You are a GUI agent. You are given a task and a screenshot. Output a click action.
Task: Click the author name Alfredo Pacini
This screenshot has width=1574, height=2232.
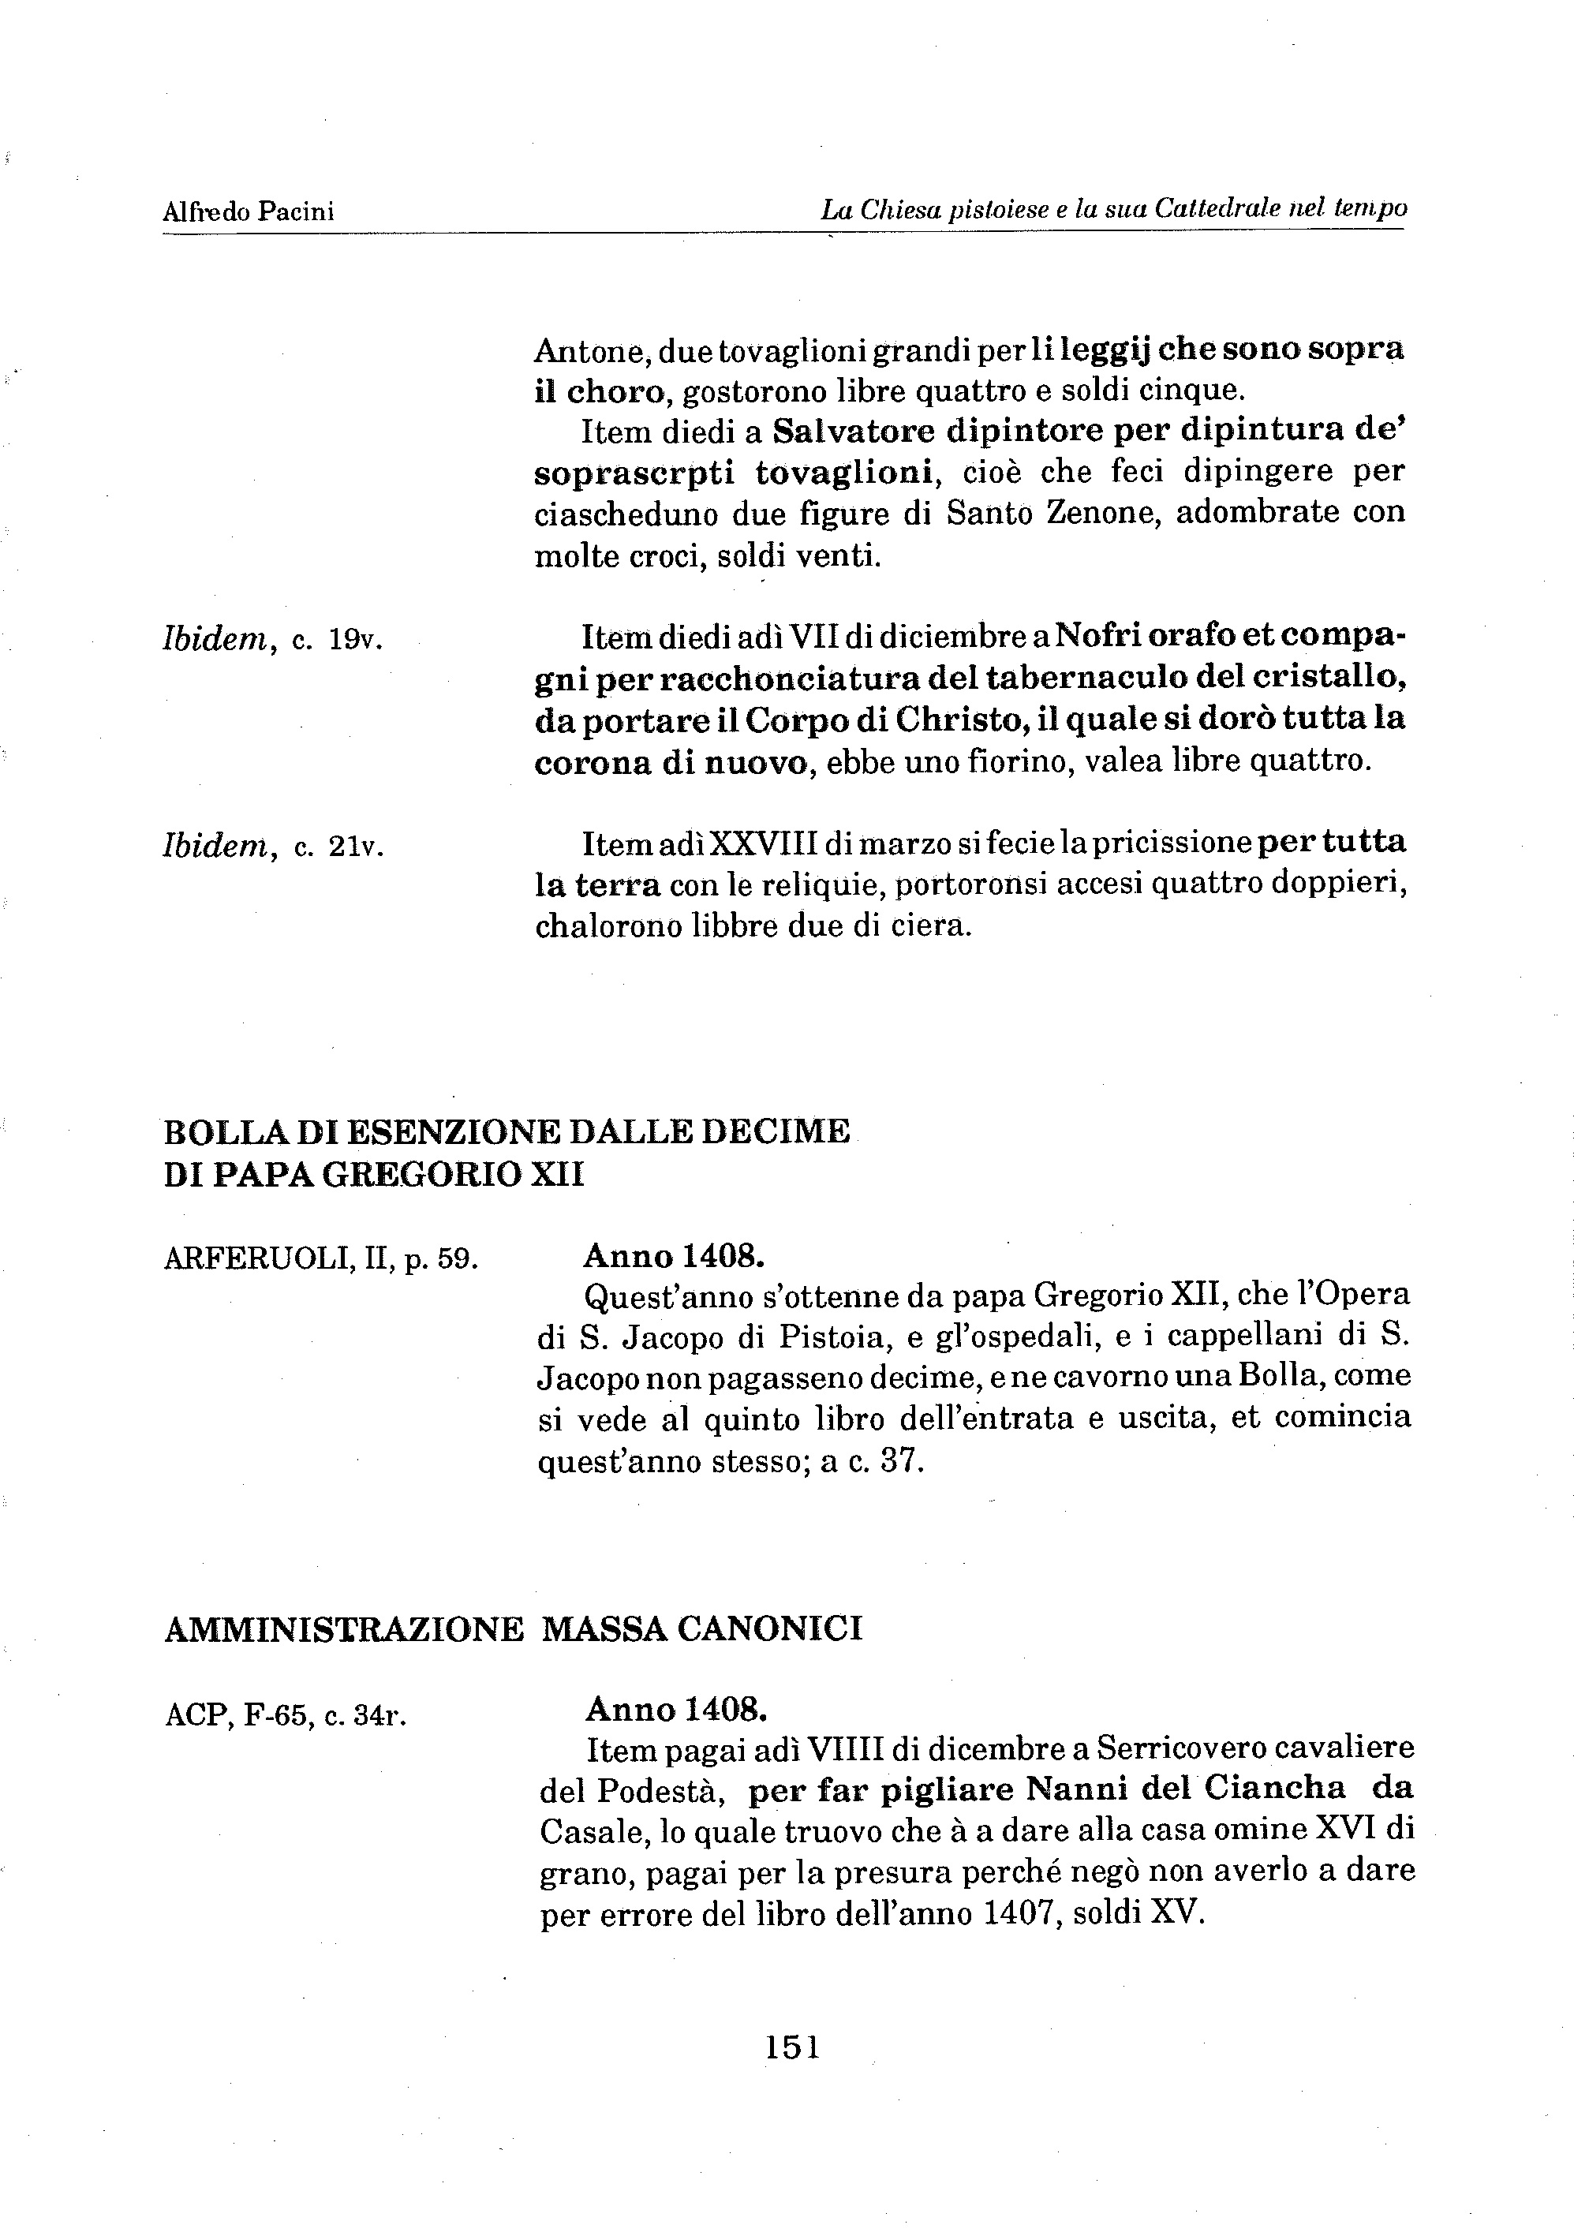click(x=249, y=211)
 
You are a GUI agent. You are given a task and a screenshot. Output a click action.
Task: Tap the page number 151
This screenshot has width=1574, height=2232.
click(x=792, y=2047)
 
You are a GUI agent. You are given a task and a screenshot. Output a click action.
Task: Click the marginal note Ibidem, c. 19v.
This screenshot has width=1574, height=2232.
click(x=273, y=640)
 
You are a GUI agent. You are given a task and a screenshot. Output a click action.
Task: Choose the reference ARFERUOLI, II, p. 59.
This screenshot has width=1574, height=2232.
click(x=321, y=1260)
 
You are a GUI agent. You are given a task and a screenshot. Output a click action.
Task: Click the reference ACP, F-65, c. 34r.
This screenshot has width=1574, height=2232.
click(x=285, y=1716)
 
